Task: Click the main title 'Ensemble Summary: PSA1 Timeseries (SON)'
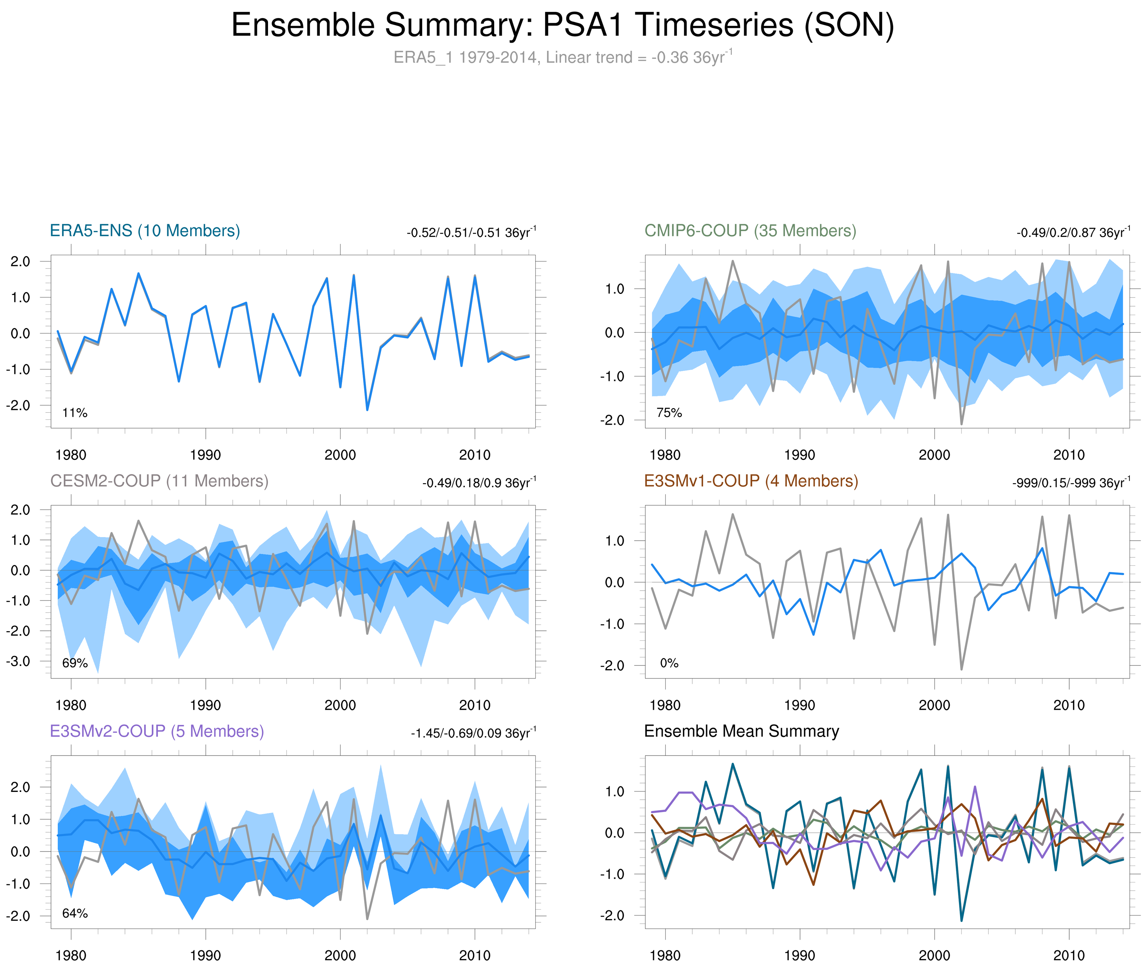coord(562,25)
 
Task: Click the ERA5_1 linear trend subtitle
coord(562,57)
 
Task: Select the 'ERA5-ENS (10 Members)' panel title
coord(145,230)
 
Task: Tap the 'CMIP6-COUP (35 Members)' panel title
coord(750,230)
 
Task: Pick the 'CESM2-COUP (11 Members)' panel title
coord(159,481)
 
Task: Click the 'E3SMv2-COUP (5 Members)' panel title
coord(157,731)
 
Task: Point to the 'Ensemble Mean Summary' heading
coord(741,731)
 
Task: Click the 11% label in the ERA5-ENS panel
coord(75,413)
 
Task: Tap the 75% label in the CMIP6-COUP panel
coord(669,413)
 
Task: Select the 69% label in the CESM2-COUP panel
coord(75,663)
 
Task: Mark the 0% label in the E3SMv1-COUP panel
coord(669,663)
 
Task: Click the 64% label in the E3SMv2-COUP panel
coord(75,913)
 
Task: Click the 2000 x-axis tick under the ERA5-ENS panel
coord(340,455)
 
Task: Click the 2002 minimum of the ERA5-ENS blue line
coord(367,410)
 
